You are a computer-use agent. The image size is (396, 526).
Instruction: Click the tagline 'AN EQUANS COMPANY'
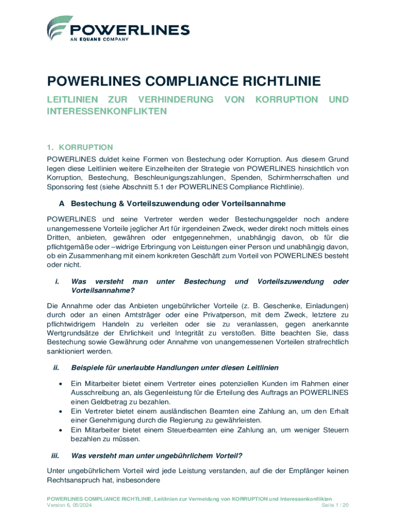tap(97, 43)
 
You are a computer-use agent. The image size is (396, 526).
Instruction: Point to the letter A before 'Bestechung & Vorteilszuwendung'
tap(63, 204)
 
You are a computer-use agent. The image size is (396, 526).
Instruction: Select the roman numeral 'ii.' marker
tap(57, 368)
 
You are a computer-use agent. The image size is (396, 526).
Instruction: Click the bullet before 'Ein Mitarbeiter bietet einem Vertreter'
tap(62, 384)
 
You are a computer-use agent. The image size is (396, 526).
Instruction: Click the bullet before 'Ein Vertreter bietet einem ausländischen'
tap(62, 411)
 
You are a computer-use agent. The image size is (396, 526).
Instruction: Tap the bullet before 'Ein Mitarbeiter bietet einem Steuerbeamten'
tap(62, 429)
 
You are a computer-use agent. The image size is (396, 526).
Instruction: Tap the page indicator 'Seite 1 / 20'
tap(335, 506)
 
